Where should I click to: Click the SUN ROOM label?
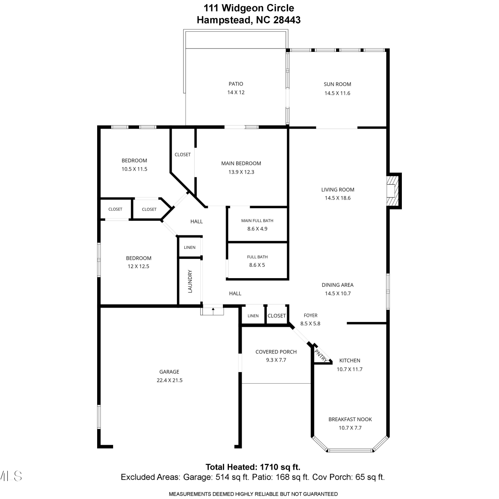coord(337,84)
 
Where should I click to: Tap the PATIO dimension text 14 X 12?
coord(236,92)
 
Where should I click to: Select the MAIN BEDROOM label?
coord(241,163)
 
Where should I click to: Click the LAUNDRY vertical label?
coord(190,281)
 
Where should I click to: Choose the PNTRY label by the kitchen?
coord(321,355)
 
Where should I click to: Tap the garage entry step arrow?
coord(213,311)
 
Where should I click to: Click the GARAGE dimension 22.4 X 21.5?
coord(170,380)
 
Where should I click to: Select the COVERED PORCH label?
coord(276,352)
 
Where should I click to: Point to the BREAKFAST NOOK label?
coord(350,419)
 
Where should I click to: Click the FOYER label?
coord(311,315)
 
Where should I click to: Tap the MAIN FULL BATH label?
coord(257,221)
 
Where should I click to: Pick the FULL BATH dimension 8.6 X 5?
coord(257,265)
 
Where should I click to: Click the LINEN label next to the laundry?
coord(190,248)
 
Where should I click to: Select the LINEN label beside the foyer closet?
coord(253,316)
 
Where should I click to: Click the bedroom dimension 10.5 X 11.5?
coord(134,169)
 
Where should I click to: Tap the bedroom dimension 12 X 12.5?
coord(138,266)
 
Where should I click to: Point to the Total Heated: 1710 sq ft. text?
coord(253,467)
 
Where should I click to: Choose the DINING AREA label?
coord(338,285)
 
